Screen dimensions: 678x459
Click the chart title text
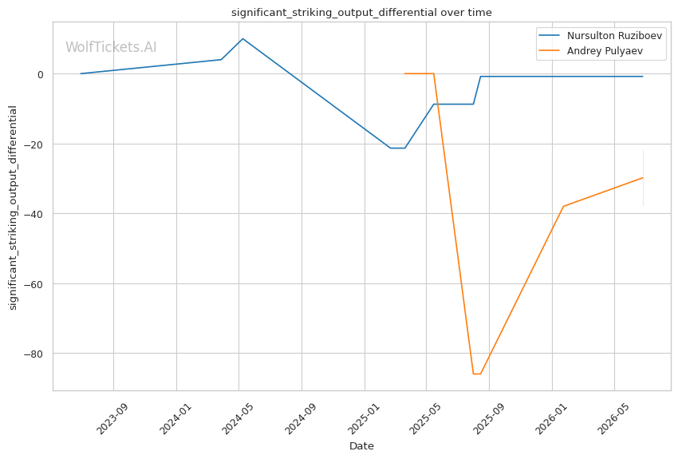coord(361,13)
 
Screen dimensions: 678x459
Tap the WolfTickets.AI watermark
coord(111,47)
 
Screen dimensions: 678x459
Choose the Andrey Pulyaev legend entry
coord(590,50)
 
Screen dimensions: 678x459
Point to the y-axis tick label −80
coord(34,354)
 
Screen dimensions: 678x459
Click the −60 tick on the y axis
coord(34,284)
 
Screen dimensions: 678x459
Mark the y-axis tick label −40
coord(34,214)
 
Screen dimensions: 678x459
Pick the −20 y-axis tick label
coord(34,144)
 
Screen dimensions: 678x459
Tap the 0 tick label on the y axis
coord(40,74)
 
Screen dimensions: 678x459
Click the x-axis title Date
coord(361,446)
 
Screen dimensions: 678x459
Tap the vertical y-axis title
coord(13,208)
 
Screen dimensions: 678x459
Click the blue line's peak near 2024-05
coord(242,38)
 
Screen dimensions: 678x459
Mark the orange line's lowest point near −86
coord(477,374)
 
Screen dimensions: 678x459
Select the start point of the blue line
coord(81,73)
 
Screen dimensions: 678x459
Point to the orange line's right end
coord(643,177)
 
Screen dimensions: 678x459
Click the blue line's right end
coord(643,76)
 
